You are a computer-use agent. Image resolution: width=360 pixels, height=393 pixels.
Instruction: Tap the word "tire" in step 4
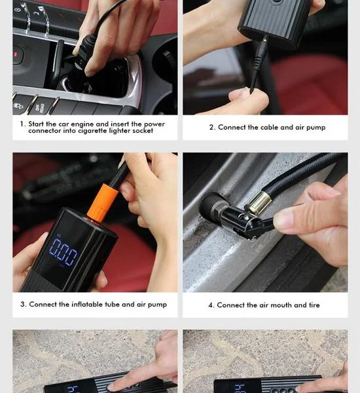(x=314, y=305)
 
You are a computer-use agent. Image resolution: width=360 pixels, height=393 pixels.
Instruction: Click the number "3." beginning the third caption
(x=24, y=305)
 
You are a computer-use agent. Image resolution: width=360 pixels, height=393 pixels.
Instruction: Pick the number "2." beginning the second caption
(x=212, y=127)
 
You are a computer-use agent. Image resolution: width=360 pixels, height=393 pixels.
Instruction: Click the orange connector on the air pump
(x=103, y=202)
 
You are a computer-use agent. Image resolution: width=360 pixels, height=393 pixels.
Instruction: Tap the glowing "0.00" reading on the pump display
(x=63, y=252)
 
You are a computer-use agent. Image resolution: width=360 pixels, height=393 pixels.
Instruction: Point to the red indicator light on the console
(x=16, y=54)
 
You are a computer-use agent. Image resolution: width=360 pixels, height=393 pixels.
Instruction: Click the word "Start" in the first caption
(x=36, y=124)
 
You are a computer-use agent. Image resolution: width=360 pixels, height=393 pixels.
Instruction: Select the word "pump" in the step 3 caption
(x=157, y=305)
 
